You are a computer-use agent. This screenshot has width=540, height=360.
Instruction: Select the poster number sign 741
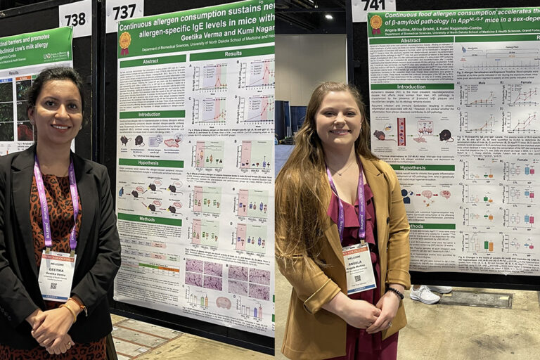click(x=373, y=6)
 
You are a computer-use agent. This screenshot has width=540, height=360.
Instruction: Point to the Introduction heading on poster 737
click(x=150, y=114)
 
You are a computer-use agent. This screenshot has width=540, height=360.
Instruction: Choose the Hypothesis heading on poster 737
click(x=150, y=163)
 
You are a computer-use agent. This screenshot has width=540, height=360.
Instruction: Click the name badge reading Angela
click(x=359, y=267)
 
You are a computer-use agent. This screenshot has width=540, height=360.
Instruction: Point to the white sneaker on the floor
click(x=425, y=294)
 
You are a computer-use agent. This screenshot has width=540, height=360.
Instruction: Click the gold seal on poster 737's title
click(x=125, y=43)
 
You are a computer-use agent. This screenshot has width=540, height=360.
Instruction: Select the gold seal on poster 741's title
click(x=376, y=23)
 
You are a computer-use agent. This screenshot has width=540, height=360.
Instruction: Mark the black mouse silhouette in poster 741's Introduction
click(x=445, y=135)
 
